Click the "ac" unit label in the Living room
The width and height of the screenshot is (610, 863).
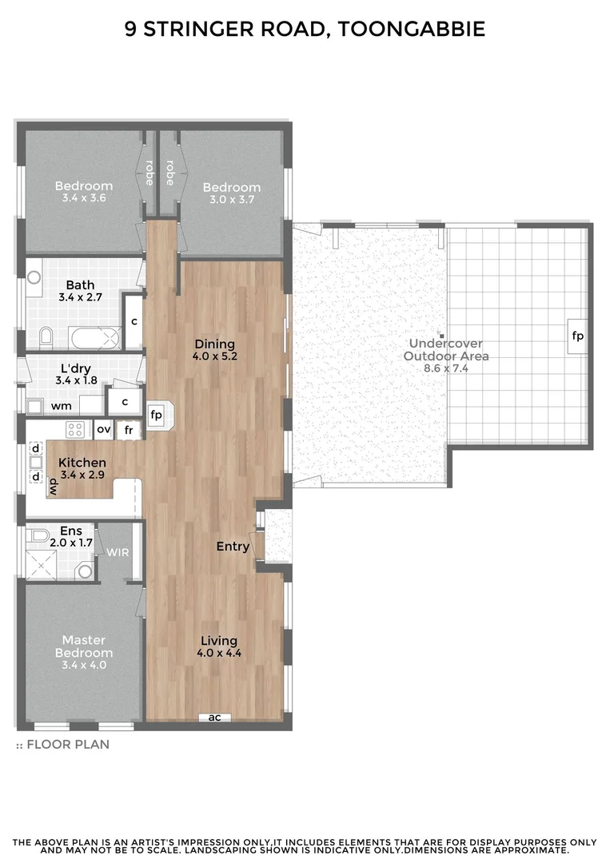214,717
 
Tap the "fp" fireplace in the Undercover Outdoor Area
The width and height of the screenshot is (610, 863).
577,336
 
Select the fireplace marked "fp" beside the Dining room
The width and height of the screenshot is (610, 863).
157,415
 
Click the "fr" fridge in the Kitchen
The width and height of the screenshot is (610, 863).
127,430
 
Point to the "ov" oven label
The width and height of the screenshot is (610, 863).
104,429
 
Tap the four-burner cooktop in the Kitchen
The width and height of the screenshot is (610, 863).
75,429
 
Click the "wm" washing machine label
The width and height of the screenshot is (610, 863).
62,406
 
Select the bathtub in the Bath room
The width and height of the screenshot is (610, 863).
94,338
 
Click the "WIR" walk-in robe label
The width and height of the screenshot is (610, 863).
119,551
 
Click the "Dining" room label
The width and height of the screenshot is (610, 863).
214,345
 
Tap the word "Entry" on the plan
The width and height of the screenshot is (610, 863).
233,547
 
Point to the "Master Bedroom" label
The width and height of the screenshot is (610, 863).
84,646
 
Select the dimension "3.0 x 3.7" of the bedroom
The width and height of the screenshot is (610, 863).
232,199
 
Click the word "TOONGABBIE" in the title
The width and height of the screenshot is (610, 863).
412,30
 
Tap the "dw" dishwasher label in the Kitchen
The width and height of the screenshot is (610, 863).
54,487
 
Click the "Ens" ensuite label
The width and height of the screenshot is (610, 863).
71,530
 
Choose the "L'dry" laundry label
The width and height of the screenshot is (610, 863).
78,369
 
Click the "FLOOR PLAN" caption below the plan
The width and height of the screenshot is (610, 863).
68,744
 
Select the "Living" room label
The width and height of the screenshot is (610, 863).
219,640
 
